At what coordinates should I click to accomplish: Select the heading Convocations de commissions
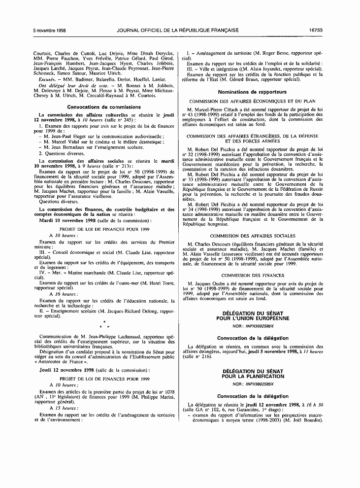(x=104, y=106)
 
